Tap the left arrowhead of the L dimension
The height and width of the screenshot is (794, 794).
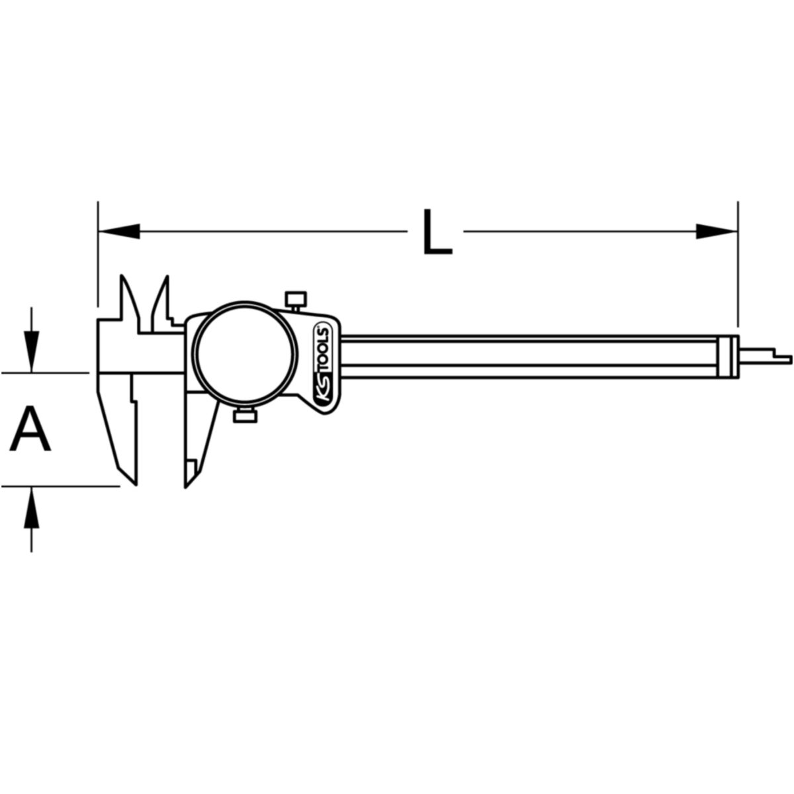click(120, 231)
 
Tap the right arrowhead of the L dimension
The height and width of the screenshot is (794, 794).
click(717, 231)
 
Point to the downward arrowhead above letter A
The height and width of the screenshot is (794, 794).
click(31, 351)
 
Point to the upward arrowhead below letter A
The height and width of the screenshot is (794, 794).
click(31, 507)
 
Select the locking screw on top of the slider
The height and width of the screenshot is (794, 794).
click(296, 302)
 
